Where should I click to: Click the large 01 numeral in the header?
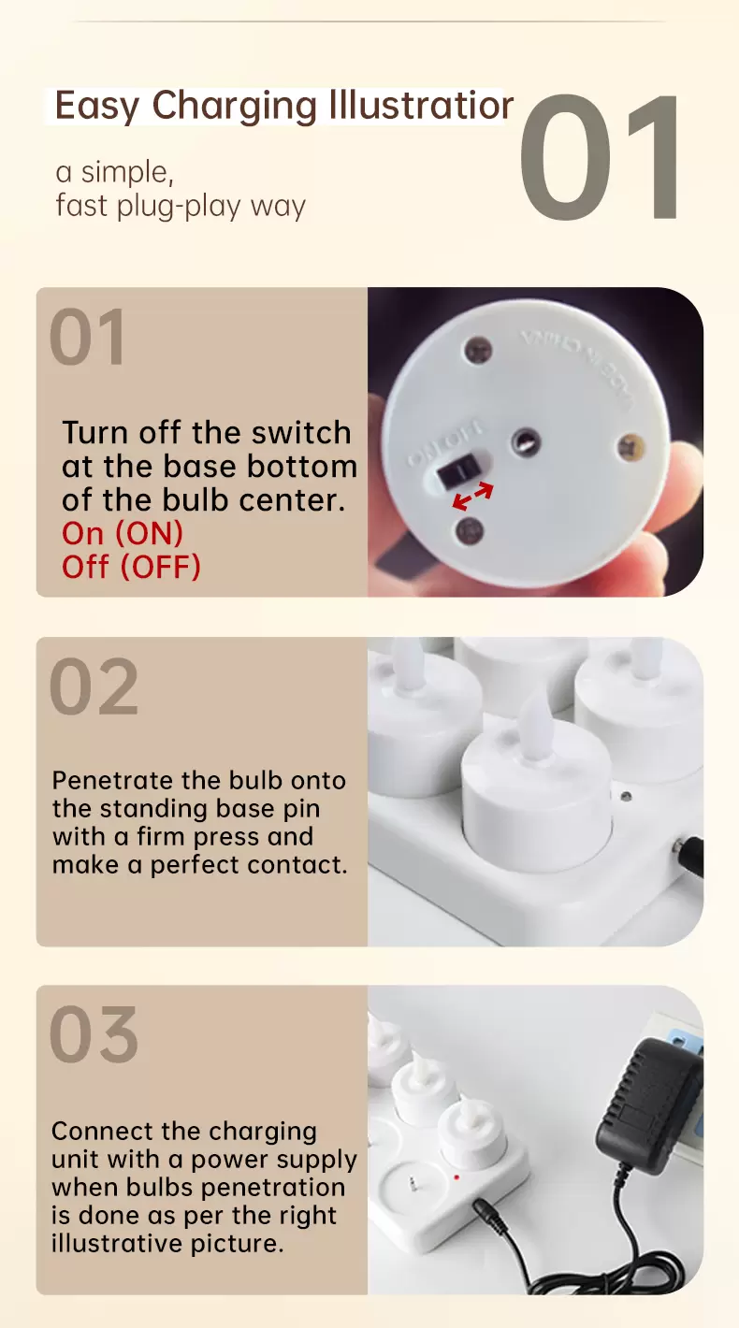(x=600, y=156)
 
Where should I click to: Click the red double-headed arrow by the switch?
(x=472, y=496)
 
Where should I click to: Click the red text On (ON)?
(x=123, y=534)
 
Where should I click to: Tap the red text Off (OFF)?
(x=131, y=567)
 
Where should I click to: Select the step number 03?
(x=94, y=1034)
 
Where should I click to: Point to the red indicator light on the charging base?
(x=456, y=1176)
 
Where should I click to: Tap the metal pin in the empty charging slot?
(x=412, y=1186)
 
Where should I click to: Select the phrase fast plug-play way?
(x=181, y=207)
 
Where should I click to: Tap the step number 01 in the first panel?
(x=87, y=337)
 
